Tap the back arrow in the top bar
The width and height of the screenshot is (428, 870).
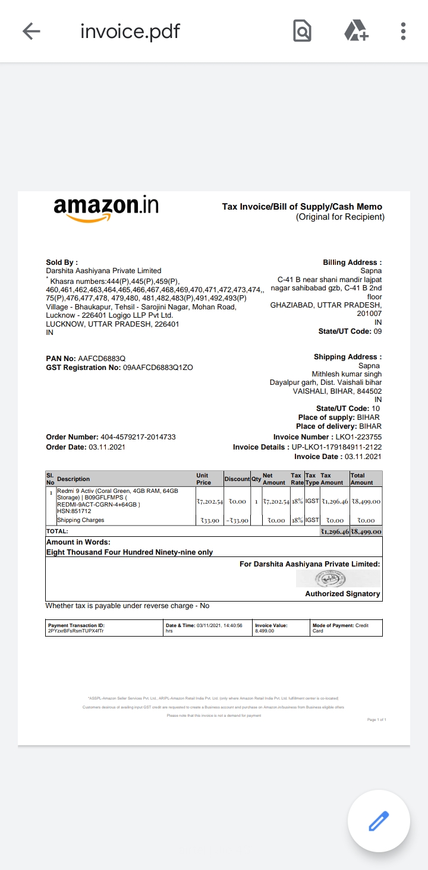pos(31,31)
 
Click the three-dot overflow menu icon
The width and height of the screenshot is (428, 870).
pos(403,31)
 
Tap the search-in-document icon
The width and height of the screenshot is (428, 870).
pos(302,31)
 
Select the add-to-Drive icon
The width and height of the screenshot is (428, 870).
pos(356,31)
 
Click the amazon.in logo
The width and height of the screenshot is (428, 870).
pos(106,208)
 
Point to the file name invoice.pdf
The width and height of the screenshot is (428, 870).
pos(130,31)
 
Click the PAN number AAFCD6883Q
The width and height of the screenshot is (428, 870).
pos(102,359)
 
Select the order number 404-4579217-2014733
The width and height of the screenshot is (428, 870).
pos(138,437)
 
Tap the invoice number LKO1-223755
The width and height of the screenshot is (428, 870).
pos(355,437)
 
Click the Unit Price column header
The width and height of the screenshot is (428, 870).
pos(203,479)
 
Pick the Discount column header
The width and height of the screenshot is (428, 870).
pos(237,479)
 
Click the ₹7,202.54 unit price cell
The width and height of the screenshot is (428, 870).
pos(209,502)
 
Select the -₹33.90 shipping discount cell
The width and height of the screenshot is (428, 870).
pos(237,520)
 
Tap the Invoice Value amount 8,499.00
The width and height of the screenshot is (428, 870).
pos(265,631)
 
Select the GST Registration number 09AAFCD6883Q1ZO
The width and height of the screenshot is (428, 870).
pos(158,368)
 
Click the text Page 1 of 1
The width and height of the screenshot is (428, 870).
pos(377,720)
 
